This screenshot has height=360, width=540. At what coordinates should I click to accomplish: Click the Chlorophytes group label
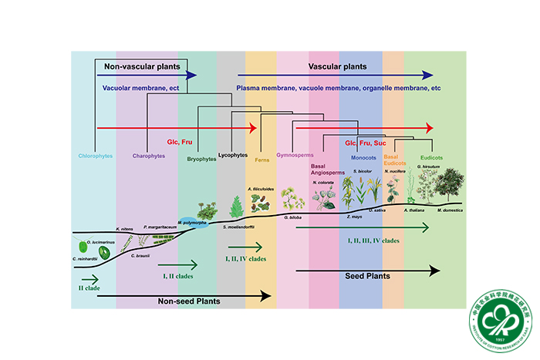(93, 156)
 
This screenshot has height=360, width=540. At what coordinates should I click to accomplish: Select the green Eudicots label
(432, 156)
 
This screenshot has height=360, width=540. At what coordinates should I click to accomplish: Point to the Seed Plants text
(366, 275)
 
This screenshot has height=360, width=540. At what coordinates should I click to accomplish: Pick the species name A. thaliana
(415, 209)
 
